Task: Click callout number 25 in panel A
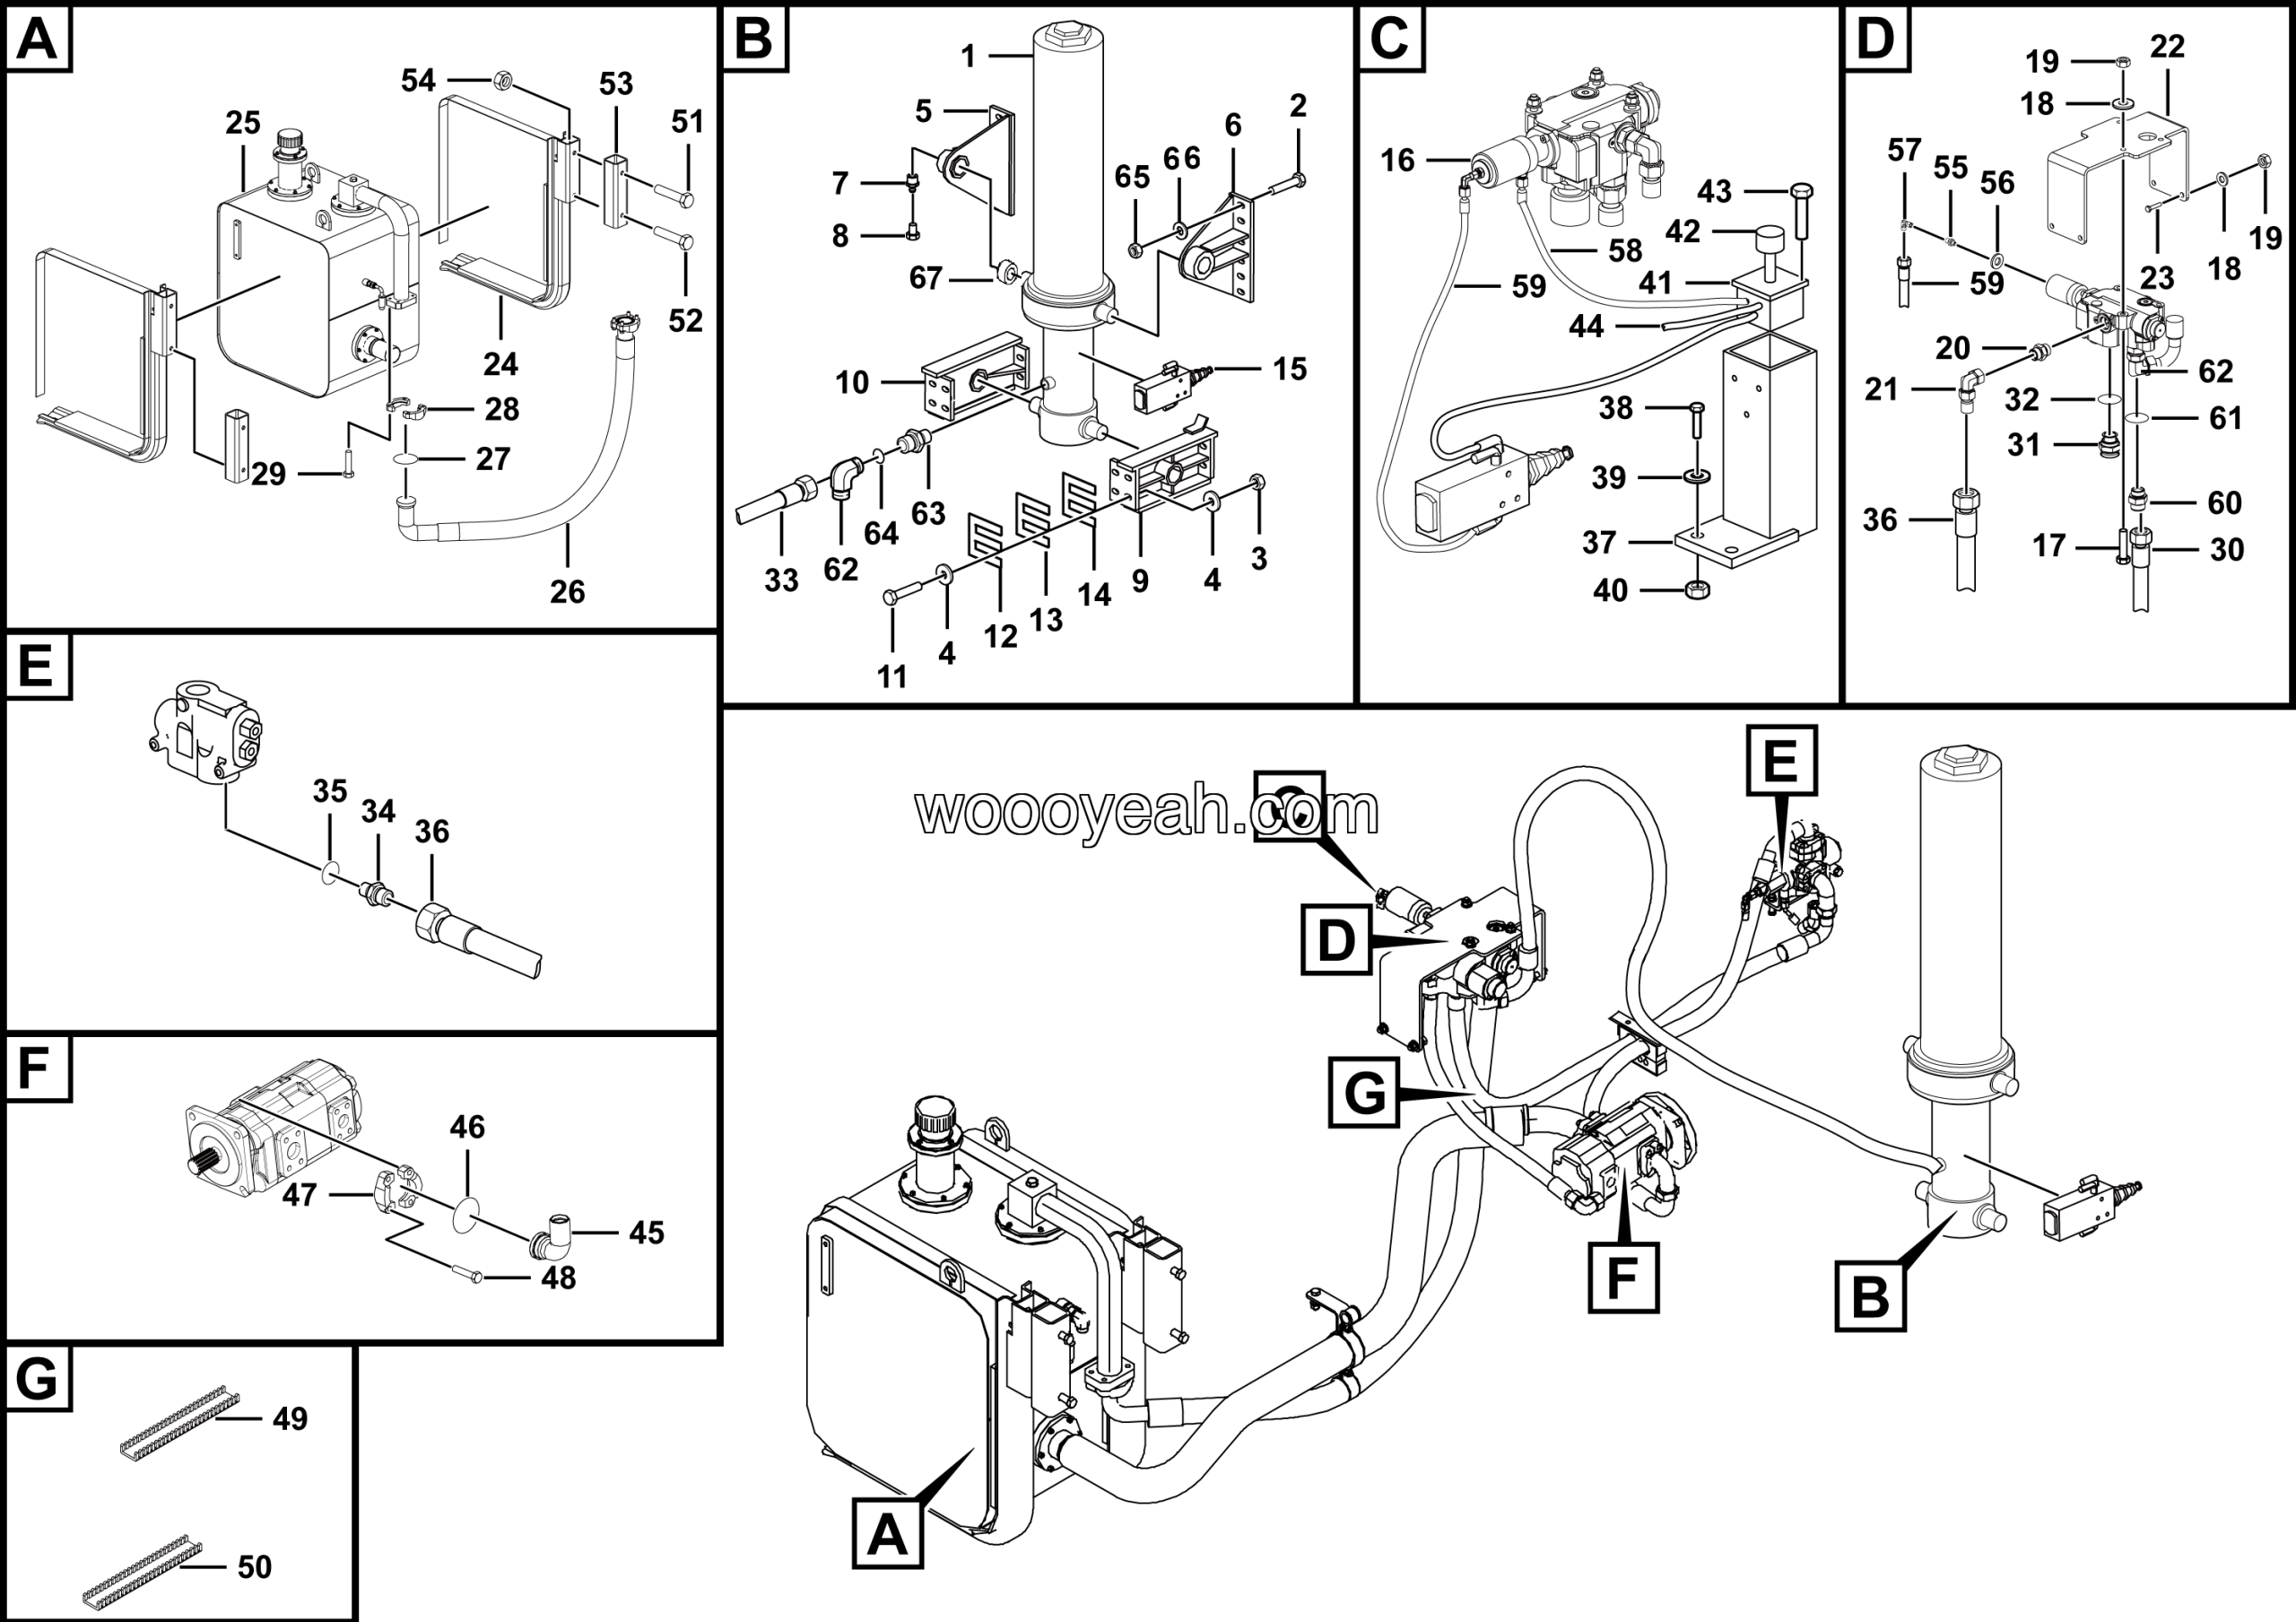point(242,123)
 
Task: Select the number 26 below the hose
point(567,592)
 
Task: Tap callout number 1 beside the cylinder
point(967,57)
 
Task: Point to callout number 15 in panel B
point(1289,369)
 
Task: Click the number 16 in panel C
point(1397,160)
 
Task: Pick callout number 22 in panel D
point(2166,47)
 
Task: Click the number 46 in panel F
point(467,1128)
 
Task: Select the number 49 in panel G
point(290,1419)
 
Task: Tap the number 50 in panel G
point(254,1567)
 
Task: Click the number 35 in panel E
point(329,791)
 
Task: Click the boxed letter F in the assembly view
point(1623,1277)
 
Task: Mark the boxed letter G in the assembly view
point(1364,1093)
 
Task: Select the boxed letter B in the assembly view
point(1870,1297)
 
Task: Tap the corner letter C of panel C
point(1390,40)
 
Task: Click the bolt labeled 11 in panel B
point(893,598)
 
